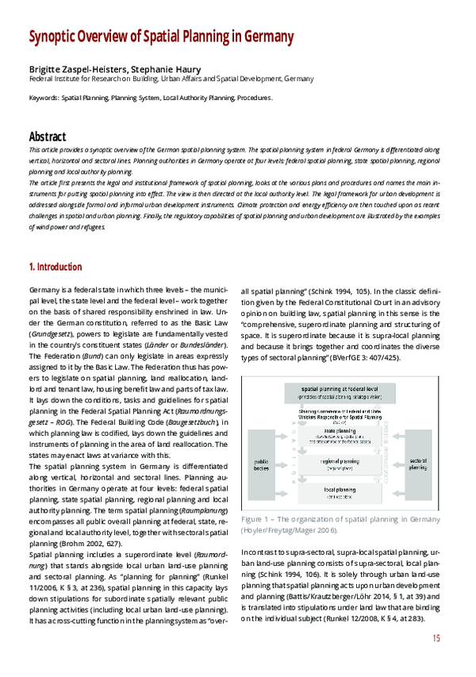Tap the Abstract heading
[48, 137]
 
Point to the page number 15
[436, 638]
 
